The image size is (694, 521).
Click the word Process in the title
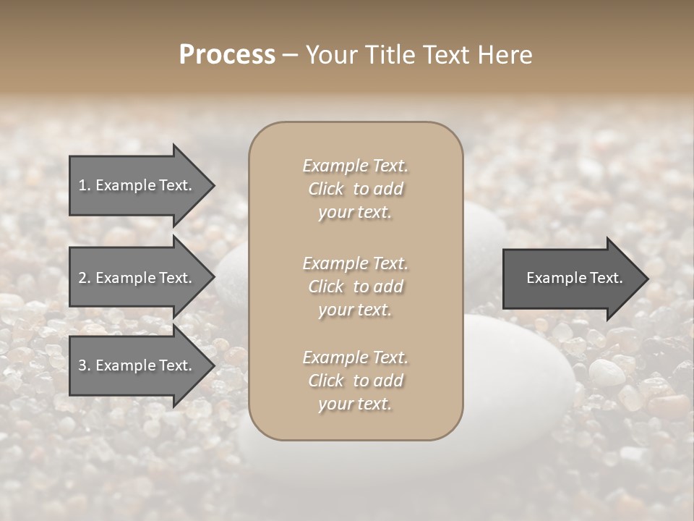pos(227,55)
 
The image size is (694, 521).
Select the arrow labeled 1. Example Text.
pos(137,185)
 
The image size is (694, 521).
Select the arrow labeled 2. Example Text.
pos(137,278)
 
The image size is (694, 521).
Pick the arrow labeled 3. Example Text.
pos(137,365)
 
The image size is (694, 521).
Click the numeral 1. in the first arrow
pos(85,185)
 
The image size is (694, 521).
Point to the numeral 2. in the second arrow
pos(85,278)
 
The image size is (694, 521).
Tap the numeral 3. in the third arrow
pos(85,365)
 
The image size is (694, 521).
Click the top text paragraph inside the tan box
pos(356,189)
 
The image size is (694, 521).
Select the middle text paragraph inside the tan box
pos(356,286)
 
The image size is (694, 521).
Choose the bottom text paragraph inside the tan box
pos(356,381)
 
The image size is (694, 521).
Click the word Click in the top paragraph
pos(326,189)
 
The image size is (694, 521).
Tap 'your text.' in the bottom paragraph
pos(355,404)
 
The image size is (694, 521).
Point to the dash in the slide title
pos(290,56)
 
